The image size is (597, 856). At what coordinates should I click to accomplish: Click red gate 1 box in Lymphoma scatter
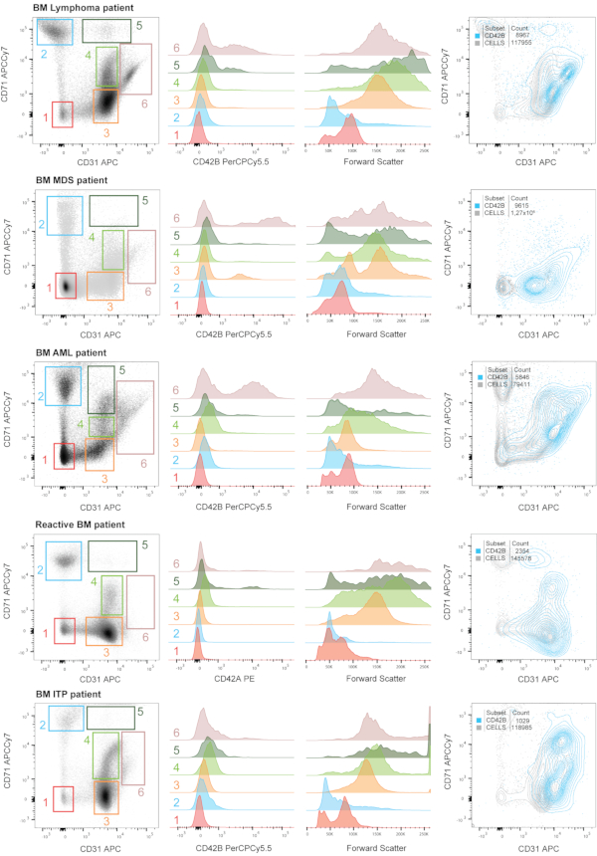pyautogui.click(x=63, y=114)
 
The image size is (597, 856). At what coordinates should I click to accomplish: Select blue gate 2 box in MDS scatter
pyautogui.click(x=65, y=215)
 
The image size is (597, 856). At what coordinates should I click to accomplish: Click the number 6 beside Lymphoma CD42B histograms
pyautogui.click(x=175, y=47)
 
